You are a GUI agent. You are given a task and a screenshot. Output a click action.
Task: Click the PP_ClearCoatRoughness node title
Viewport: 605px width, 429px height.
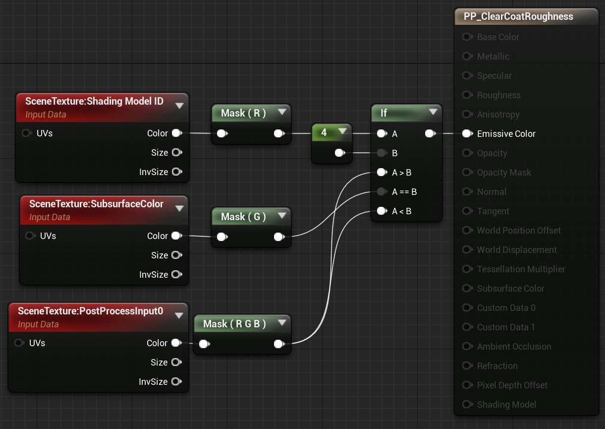(518, 16)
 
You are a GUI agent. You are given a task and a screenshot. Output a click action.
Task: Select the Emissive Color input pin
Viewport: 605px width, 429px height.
(467, 133)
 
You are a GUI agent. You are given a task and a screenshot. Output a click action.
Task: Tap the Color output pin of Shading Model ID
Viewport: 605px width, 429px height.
(177, 133)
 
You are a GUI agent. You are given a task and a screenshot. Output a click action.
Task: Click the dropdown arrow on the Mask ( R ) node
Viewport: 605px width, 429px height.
(282, 112)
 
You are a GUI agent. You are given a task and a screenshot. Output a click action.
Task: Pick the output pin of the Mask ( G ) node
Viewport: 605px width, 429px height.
(279, 237)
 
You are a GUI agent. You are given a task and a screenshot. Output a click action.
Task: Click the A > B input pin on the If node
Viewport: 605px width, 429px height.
(382, 172)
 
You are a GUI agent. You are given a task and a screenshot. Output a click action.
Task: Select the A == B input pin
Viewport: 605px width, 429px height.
(382, 191)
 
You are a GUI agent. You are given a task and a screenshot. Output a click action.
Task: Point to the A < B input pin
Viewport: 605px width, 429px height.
(382, 211)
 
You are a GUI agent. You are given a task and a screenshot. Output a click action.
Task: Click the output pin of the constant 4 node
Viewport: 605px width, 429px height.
(340, 153)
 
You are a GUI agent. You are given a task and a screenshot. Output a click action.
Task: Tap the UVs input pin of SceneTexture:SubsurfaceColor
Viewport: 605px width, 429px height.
(31, 236)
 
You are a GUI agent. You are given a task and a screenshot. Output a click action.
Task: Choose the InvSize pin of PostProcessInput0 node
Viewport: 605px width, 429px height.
(176, 381)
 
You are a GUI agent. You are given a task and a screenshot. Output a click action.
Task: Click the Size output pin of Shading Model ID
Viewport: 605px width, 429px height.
(177, 152)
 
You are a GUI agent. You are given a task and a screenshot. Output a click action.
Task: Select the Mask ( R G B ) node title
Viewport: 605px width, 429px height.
(234, 323)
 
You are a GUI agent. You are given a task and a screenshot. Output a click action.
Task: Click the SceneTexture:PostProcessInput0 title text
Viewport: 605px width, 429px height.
(91, 311)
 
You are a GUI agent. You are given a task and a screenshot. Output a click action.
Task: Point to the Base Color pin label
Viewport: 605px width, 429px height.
(498, 37)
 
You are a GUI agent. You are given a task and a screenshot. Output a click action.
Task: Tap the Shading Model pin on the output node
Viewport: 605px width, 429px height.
(467, 404)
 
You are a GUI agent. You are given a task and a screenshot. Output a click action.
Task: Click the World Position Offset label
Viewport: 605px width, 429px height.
(519, 230)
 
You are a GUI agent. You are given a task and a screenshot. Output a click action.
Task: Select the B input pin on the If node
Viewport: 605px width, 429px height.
(382, 153)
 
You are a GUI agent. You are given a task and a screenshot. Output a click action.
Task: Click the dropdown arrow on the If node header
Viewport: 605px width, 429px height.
(433, 112)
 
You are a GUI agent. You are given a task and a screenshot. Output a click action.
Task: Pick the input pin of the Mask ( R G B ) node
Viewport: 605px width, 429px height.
(205, 344)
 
